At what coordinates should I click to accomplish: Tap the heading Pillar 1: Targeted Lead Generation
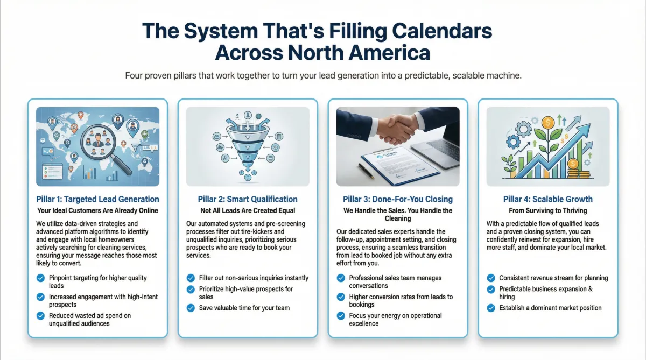(97, 199)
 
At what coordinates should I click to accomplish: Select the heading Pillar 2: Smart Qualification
(248, 199)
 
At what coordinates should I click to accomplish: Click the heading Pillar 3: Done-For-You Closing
(398, 199)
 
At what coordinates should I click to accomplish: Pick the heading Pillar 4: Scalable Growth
(548, 199)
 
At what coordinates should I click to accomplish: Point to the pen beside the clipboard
(366, 171)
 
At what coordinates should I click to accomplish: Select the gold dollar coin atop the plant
(547, 123)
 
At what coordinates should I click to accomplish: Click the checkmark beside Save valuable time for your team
(191, 308)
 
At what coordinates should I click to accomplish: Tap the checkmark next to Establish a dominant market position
(491, 308)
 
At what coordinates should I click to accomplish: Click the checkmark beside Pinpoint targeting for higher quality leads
(41, 278)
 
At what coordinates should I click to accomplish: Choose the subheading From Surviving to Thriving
(548, 211)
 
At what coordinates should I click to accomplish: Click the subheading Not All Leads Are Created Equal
(248, 211)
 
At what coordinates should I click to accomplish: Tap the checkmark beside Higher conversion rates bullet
(341, 297)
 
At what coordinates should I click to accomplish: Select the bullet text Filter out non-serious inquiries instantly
(254, 278)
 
